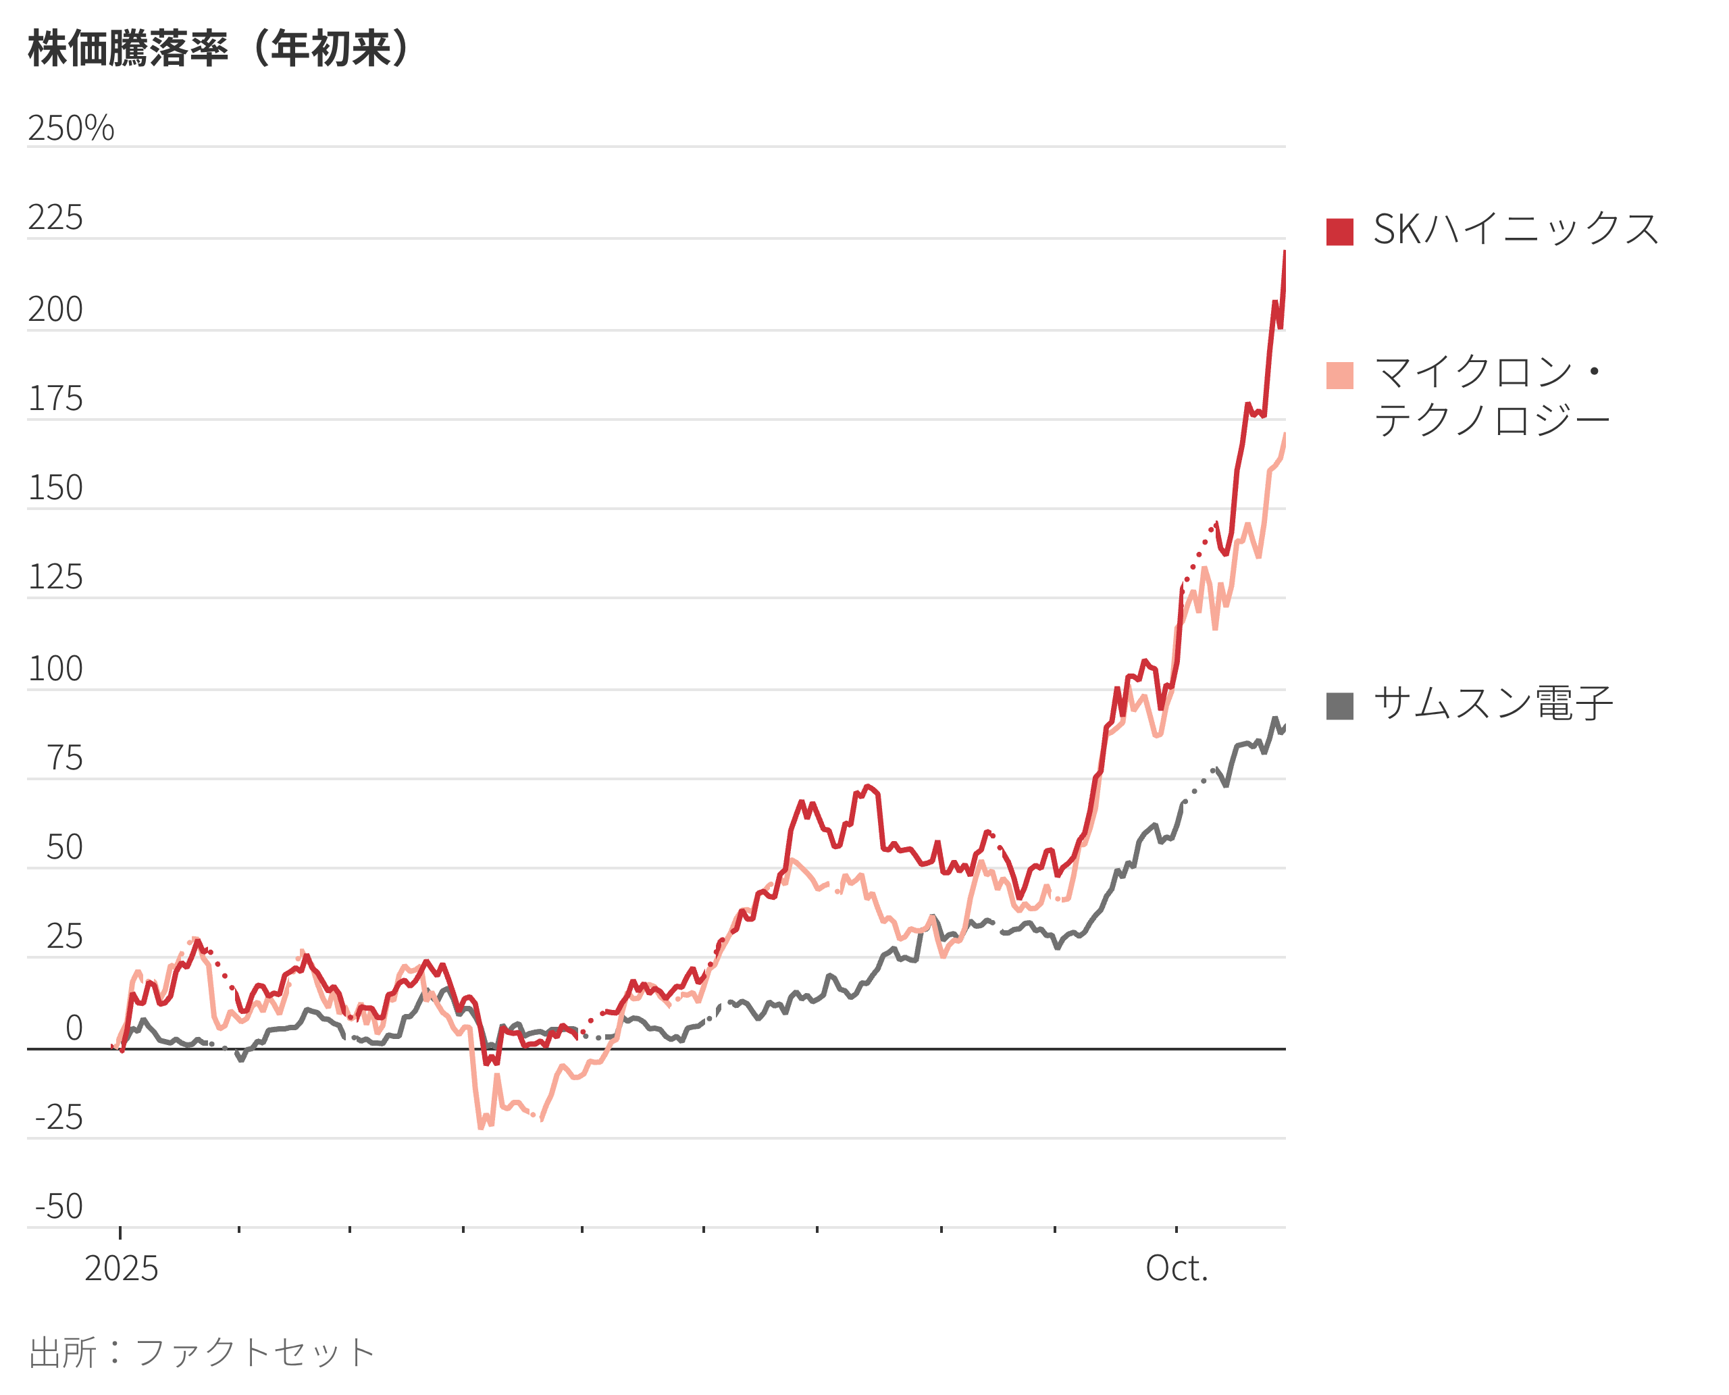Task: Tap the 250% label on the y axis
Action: click(71, 128)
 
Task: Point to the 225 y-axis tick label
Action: click(55, 218)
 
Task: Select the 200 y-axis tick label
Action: click(55, 309)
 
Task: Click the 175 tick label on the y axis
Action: click(55, 399)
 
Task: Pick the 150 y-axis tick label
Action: click(55, 488)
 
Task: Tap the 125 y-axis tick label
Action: click(55, 577)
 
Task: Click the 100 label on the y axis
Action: click(55, 669)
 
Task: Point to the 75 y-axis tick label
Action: click(64, 758)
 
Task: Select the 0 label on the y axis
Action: click(74, 1028)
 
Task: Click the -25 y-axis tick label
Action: click(59, 1118)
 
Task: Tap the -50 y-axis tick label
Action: click(59, 1207)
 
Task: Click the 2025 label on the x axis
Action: click(122, 1269)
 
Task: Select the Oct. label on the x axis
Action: click(1177, 1269)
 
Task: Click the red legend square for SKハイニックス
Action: click(1339, 232)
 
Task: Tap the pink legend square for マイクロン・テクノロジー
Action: click(1339, 376)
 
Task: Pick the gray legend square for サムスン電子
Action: click(1339, 705)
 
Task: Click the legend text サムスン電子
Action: click(1493, 704)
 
